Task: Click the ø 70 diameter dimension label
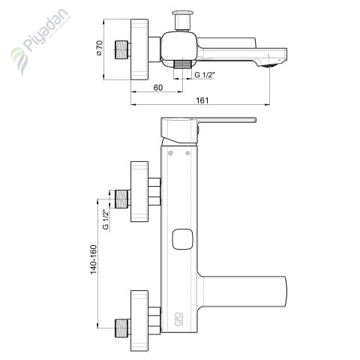click(99, 49)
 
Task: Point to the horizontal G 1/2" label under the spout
click(206, 75)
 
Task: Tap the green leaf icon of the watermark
click(17, 56)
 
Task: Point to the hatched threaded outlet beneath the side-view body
click(181, 65)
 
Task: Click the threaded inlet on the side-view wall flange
click(121, 49)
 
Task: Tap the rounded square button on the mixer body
click(180, 240)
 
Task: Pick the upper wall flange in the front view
click(139, 192)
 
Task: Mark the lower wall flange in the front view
click(139, 318)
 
